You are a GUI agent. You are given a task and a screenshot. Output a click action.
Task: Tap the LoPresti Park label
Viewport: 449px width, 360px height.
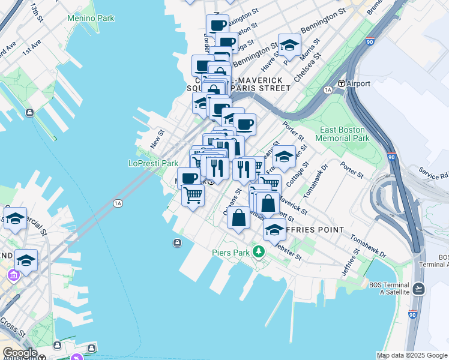pyautogui.click(x=154, y=163)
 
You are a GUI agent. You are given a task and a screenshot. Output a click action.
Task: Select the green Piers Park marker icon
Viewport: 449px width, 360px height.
pyautogui.click(x=259, y=251)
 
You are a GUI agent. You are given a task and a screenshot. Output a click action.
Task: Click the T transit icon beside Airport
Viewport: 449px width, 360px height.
pyautogui.click(x=341, y=84)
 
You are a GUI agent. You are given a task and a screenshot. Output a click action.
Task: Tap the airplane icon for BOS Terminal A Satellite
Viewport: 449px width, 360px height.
pyautogui.click(x=418, y=288)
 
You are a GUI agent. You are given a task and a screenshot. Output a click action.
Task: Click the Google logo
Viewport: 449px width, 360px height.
pyautogui.click(x=19, y=353)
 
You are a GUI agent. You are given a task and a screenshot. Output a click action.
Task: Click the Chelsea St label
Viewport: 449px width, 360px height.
pyautogui.click(x=307, y=67)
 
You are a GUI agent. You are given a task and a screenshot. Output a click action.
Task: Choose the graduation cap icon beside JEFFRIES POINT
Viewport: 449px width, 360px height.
pyautogui.click(x=274, y=229)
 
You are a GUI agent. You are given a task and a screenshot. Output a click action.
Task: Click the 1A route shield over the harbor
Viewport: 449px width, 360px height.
pyautogui.click(x=118, y=203)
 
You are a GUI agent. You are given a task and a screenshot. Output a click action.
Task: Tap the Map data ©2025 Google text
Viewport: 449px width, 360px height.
pyautogui.click(x=411, y=355)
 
